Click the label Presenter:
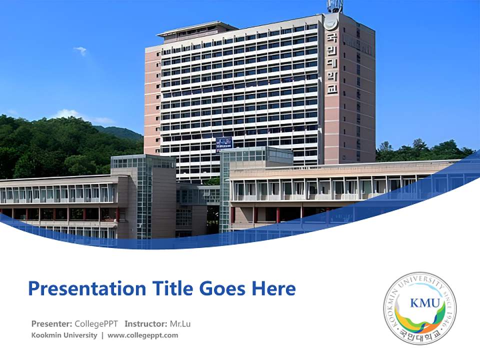pyautogui.click(x=52, y=324)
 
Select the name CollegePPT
pyautogui.click(x=96, y=324)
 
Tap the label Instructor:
pyautogui.click(x=146, y=324)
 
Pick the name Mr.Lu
pyautogui.click(x=180, y=324)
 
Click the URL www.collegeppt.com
pyautogui.click(x=142, y=335)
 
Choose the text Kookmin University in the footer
pyautogui.click(x=64, y=335)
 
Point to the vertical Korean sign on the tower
pyautogui.click(x=331, y=62)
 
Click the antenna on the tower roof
pyautogui.click(x=335, y=6)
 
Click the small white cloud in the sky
pyautogui.click(x=80, y=50)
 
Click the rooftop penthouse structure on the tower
pyautogui.click(x=197, y=31)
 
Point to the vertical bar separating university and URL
pyautogui.click(x=102, y=335)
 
